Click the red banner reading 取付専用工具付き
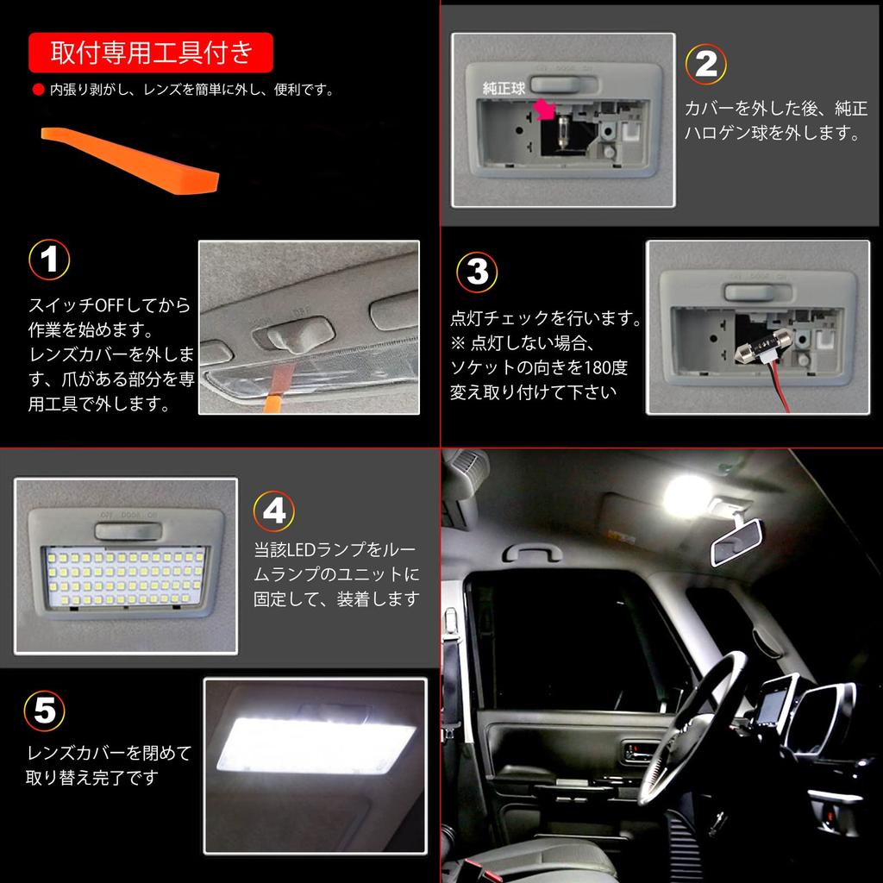coord(151,53)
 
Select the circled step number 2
coord(706,65)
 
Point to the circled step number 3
coord(477,272)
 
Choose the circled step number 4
coord(274,512)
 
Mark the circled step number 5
coord(45,711)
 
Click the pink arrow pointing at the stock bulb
coord(543,110)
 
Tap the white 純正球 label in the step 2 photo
coord(504,88)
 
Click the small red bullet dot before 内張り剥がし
coord(37,90)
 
